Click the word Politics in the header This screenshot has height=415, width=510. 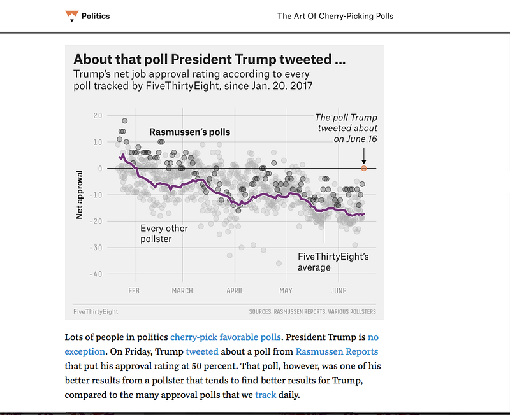pos(96,16)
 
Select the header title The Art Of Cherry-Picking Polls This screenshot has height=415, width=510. pos(335,16)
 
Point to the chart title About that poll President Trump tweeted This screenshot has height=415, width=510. pos(210,60)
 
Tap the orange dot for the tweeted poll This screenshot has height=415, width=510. pos(363,168)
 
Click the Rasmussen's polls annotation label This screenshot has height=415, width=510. pos(189,132)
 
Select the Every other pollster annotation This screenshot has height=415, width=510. pos(164,233)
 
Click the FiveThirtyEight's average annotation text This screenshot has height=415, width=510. pos(333,262)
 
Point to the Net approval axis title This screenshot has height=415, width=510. pos(80,195)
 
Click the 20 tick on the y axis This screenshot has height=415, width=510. pos(97,115)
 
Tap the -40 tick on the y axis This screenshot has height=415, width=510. pos(95,274)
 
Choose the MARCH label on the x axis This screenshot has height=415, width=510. pos(182,291)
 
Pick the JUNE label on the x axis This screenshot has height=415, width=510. pos(339,291)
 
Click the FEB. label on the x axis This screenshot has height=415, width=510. pos(135,291)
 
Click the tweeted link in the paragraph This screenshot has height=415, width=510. pos(201,351)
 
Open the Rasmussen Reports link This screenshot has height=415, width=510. pos(337,351)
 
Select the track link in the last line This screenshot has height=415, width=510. pos(265,395)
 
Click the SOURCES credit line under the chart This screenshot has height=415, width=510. pos(312,312)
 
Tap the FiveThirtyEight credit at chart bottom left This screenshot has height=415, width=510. pos(96,312)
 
